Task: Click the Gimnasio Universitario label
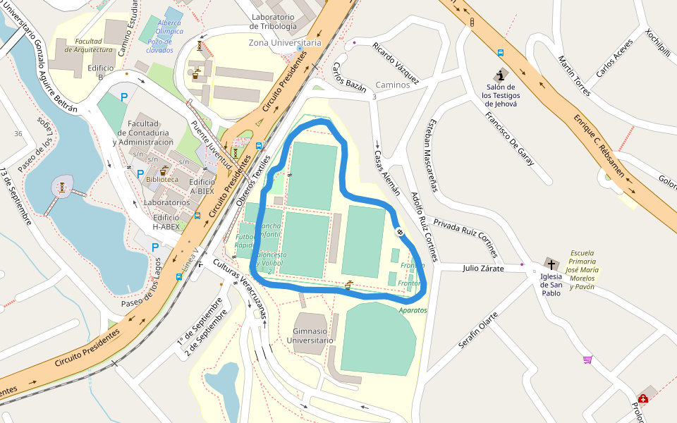click(x=310, y=336)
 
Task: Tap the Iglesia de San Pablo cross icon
click(x=550, y=264)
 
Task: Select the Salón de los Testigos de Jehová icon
click(x=501, y=75)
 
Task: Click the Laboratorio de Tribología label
click(x=273, y=22)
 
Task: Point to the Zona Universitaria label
click(x=285, y=43)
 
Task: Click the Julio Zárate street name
click(x=483, y=268)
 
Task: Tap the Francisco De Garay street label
click(x=508, y=137)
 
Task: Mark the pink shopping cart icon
click(x=587, y=360)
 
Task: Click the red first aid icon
click(x=643, y=398)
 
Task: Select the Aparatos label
click(x=413, y=310)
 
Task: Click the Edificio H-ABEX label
click(x=166, y=222)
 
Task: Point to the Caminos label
click(x=393, y=85)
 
